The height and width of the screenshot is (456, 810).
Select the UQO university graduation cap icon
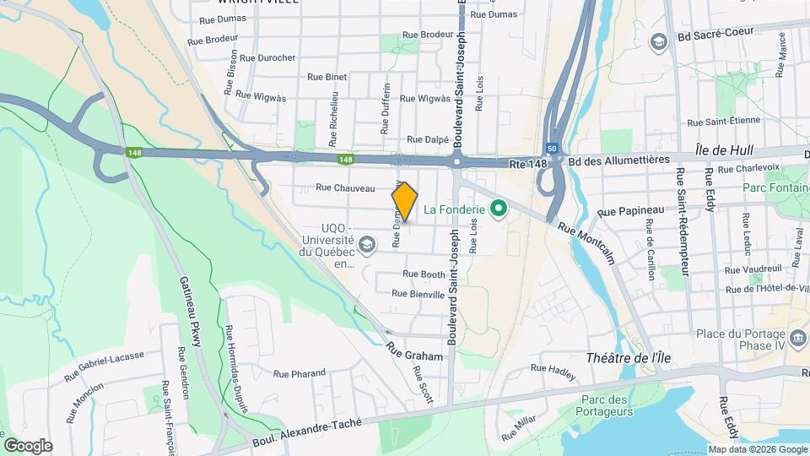click(x=366, y=246)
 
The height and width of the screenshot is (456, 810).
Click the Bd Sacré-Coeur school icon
click(x=658, y=41)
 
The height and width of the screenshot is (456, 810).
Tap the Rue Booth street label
click(x=424, y=274)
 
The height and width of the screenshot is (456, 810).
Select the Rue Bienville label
click(x=418, y=295)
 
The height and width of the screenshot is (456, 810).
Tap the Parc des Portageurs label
click(x=607, y=405)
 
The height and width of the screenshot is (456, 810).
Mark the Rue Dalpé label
click(x=426, y=140)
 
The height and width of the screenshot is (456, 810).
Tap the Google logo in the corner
click(x=28, y=445)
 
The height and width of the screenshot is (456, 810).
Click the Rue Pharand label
click(x=300, y=372)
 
